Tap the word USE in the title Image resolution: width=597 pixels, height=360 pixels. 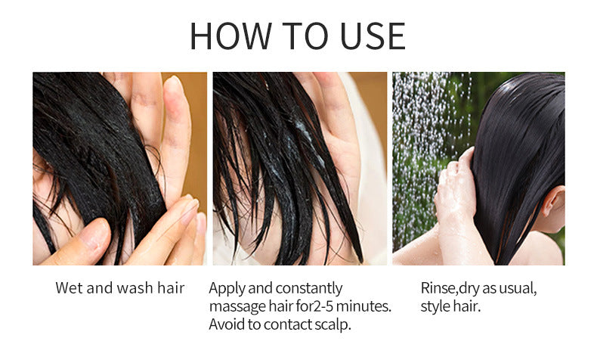tap(366, 36)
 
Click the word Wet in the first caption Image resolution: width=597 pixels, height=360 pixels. tap(69, 288)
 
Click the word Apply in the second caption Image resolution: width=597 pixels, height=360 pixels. tap(226, 288)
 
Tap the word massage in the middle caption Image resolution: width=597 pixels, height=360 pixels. tap(237, 307)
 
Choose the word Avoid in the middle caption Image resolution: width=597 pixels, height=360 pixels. tap(227, 325)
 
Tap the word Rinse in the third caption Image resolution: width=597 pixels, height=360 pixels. tap(438, 288)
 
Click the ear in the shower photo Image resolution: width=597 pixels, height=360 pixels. tap(552, 202)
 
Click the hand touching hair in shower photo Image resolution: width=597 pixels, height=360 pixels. tap(456, 189)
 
